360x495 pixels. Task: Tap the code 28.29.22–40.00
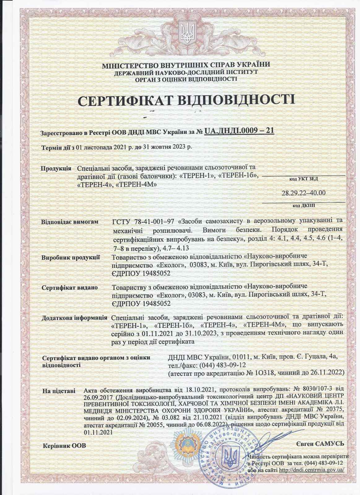pos(304,193)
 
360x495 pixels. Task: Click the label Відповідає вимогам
pos(70,222)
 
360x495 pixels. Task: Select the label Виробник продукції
pos(70,257)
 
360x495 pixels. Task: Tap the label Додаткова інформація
pos(74,318)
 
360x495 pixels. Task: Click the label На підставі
pos(59,391)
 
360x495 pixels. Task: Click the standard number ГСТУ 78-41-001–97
pos(144,222)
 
